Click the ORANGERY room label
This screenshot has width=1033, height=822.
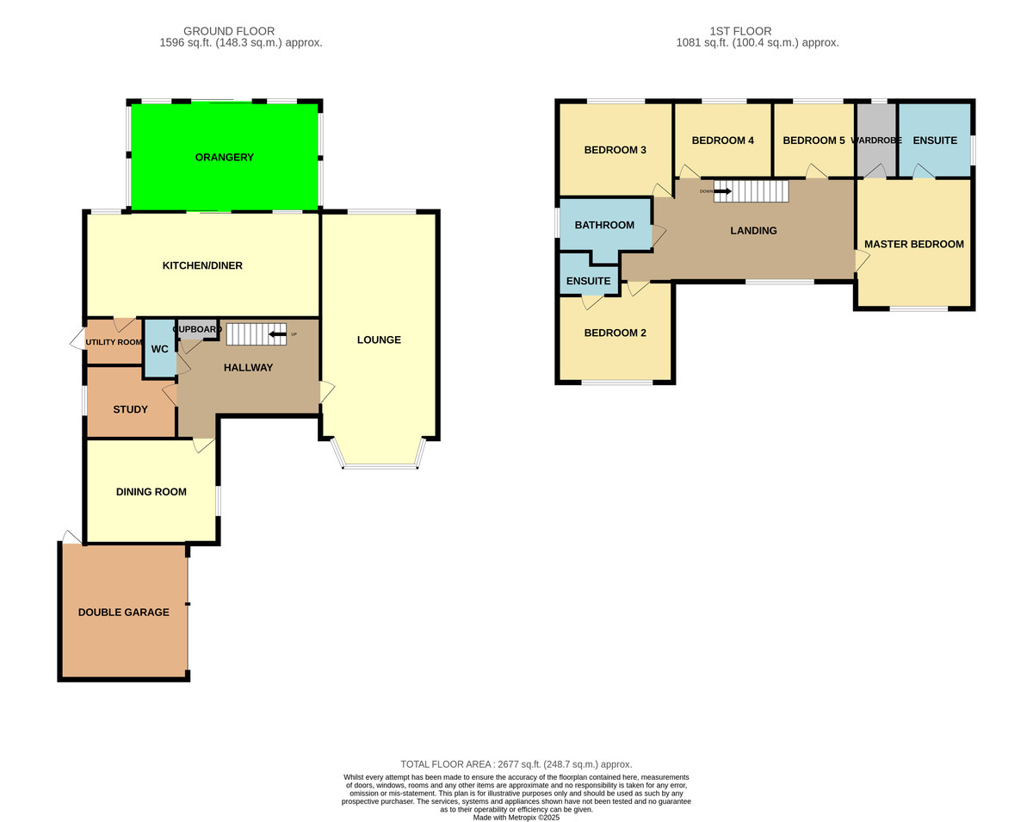point(224,157)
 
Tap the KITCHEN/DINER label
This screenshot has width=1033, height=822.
point(202,265)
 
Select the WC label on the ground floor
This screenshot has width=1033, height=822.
point(159,349)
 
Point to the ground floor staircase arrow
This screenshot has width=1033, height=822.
point(277,334)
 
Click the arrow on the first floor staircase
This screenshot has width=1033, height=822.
point(722,191)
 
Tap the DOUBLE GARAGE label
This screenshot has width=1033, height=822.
point(123,612)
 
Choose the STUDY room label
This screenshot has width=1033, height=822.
point(130,409)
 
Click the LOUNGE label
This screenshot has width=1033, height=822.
point(379,339)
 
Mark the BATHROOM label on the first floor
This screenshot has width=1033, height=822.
point(604,225)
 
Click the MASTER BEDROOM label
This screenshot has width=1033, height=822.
point(914,244)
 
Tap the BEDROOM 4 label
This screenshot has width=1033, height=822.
point(722,140)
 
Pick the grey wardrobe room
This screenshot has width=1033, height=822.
point(876,140)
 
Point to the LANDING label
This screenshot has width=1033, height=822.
point(753,231)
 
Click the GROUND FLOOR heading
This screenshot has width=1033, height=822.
point(229,31)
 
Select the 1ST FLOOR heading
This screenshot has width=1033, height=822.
point(740,31)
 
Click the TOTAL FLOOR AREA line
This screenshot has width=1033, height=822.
point(516,764)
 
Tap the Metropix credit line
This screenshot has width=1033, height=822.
point(516,817)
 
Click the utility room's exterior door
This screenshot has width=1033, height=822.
point(77,339)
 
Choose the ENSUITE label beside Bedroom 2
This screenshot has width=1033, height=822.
point(588,281)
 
